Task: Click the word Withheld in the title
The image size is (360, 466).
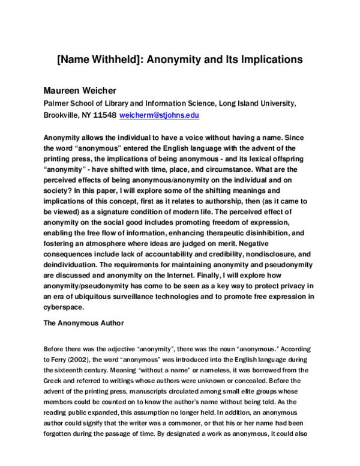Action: (x=119, y=59)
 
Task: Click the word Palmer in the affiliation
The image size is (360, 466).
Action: (x=58, y=103)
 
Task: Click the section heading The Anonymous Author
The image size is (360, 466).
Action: (x=84, y=323)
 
